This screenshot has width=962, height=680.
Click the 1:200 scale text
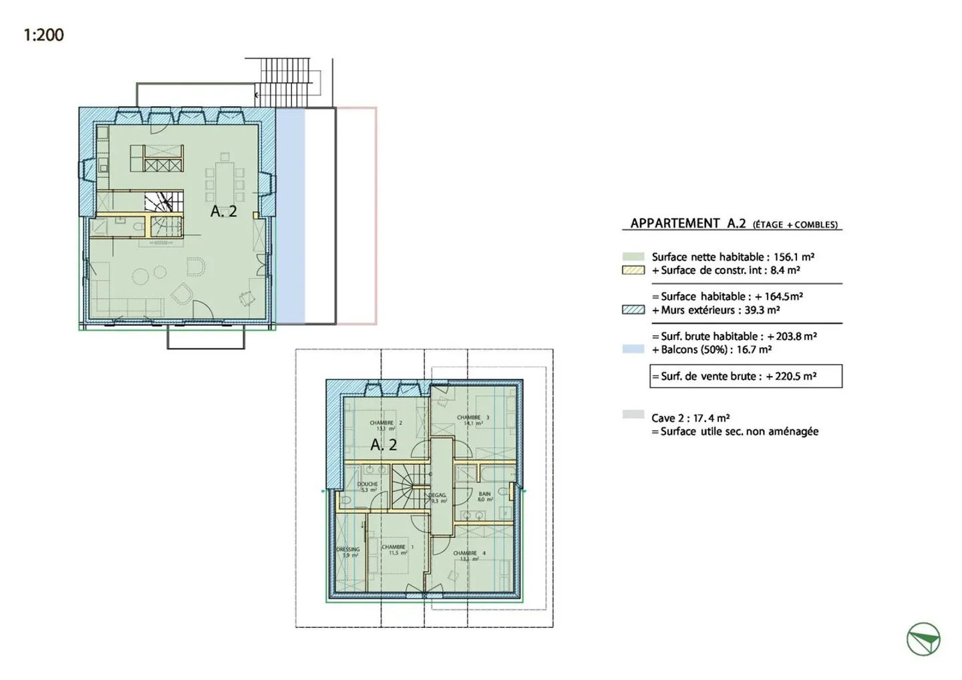pyautogui.click(x=43, y=35)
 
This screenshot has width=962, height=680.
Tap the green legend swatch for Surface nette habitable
pyautogui.click(x=633, y=257)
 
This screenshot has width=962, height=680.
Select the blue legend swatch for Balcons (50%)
pyautogui.click(x=633, y=349)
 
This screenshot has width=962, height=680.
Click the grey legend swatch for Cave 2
pyautogui.click(x=633, y=415)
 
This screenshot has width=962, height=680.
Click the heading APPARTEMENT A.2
pyautogui.click(x=688, y=223)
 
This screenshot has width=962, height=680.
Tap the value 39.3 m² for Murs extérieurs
pyautogui.click(x=762, y=310)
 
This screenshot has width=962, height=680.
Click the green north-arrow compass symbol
pyautogui.click(x=923, y=639)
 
